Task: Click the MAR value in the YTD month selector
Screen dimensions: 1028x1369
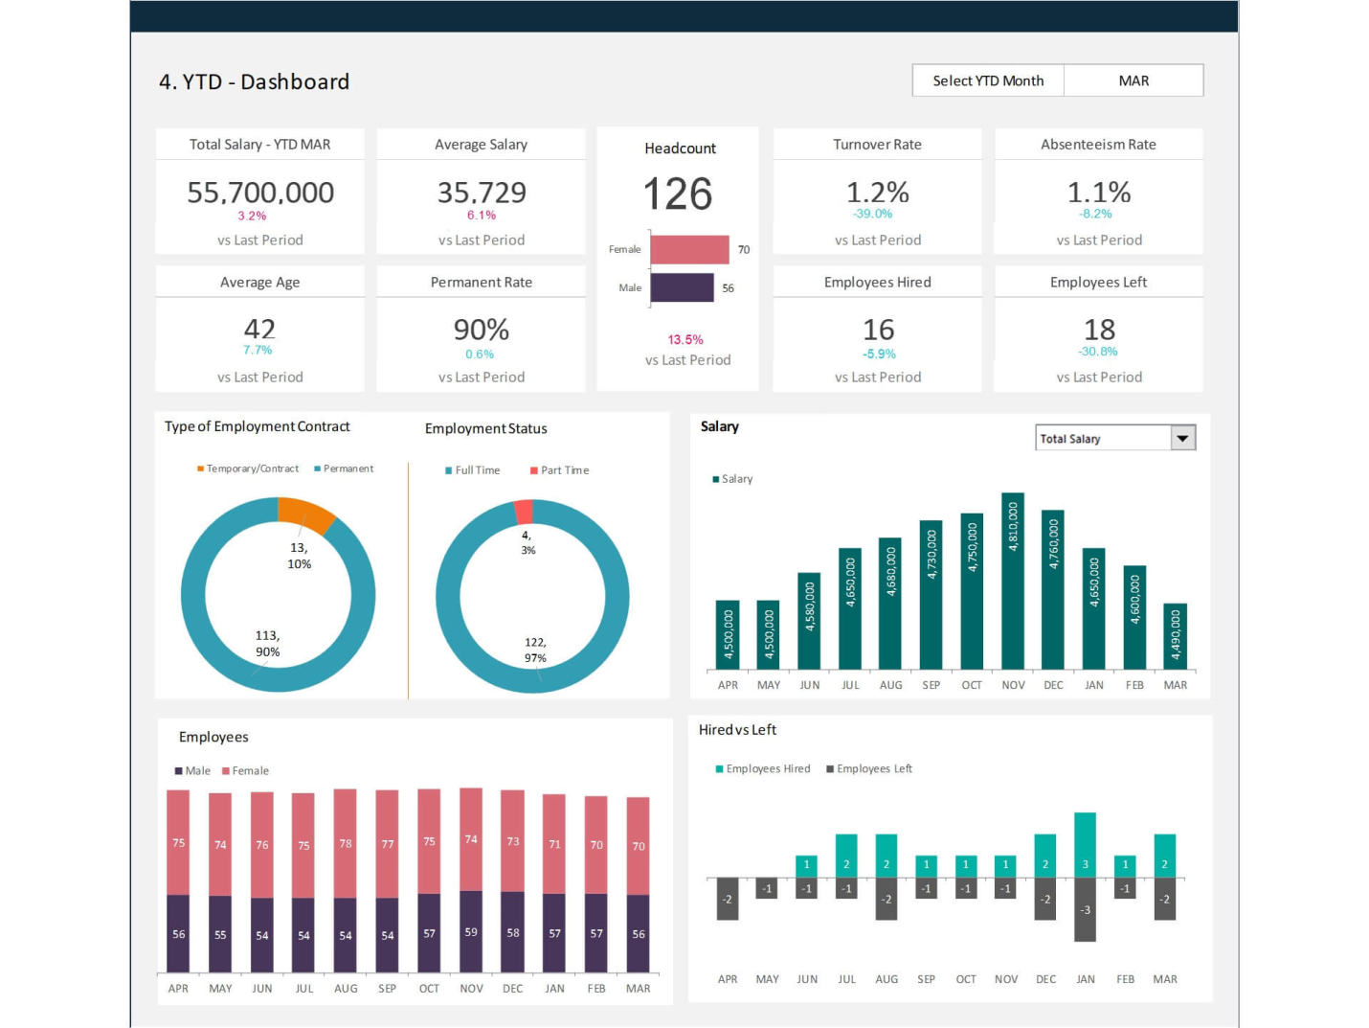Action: [1133, 80]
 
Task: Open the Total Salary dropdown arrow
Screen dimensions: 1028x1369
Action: [1183, 438]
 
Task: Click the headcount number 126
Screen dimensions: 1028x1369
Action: [678, 194]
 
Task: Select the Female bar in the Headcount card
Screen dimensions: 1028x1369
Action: [689, 249]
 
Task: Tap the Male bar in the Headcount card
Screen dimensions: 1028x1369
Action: [682, 287]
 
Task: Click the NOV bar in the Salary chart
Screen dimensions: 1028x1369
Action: [1013, 581]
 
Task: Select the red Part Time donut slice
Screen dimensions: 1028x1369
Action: [524, 511]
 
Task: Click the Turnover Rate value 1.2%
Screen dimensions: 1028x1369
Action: [877, 192]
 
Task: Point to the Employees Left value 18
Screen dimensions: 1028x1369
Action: [1099, 330]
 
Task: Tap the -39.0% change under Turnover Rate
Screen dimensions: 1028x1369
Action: [872, 214]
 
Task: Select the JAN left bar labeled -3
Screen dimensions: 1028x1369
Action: [1085, 909]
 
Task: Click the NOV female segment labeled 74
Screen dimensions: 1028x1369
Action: [471, 839]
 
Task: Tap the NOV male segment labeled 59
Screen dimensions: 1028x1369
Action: [471, 931]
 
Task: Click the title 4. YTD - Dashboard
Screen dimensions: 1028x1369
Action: [254, 81]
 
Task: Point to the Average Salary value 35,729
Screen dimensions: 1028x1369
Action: [482, 193]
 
